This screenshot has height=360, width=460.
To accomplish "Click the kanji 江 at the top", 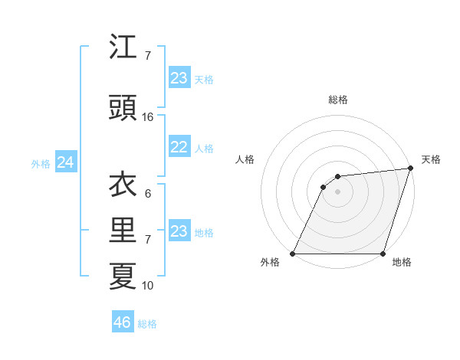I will (123, 47).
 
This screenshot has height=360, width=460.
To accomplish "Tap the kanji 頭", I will (123, 109).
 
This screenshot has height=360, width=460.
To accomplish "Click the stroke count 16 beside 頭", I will (148, 117).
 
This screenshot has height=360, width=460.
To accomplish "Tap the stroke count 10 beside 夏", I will (148, 286).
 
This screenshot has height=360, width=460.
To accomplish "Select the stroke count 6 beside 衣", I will (148, 193).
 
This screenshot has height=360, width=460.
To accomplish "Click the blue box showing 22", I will (179, 147).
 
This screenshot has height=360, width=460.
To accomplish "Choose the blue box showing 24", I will (65, 162).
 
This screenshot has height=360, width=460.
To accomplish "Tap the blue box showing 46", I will (123, 322).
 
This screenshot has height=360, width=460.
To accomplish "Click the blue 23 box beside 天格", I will (179, 78).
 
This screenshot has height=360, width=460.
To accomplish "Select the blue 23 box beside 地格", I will (179, 231).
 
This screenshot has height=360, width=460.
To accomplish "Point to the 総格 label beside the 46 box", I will (147, 324).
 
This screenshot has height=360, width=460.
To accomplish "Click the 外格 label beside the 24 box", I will (41, 164).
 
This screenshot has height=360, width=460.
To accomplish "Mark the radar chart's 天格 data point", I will (410, 169).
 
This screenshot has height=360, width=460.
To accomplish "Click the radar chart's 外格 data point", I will (293, 254).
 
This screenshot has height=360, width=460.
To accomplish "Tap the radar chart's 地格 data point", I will (383, 254).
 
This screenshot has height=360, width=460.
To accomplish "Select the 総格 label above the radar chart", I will (338, 100).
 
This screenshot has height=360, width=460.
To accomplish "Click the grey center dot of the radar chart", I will (337, 191).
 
